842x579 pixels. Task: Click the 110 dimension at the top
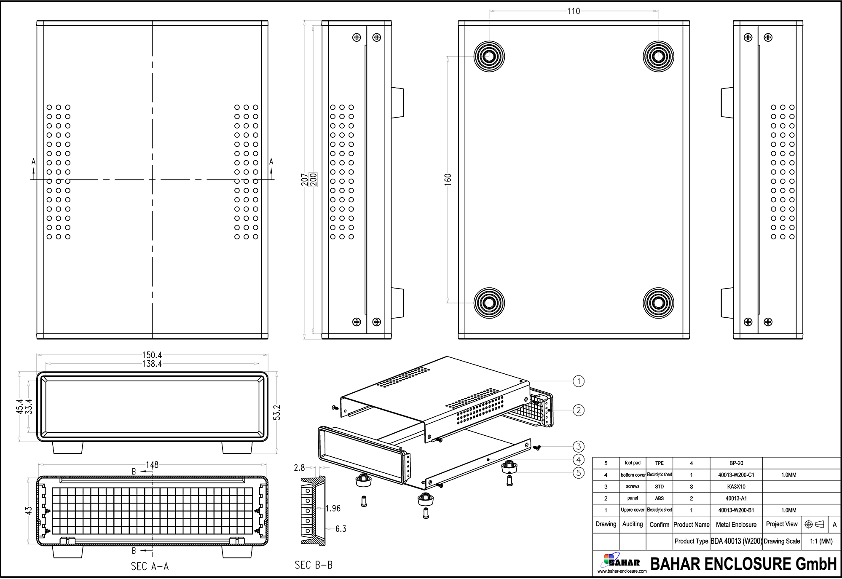click(x=573, y=11)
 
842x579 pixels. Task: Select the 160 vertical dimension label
click(x=448, y=179)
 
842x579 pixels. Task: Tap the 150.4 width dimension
click(x=152, y=355)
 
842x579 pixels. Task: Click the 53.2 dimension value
click(x=277, y=413)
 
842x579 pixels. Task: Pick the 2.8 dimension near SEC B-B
click(x=299, y=467)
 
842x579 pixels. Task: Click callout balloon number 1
click(x=579, y=381)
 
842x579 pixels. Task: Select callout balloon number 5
click(x=579, y=473)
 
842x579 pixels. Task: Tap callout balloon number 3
click(x=579, y=446)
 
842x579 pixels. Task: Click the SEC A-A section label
click(x=150, y=566)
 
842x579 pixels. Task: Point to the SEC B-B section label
click(x=314, y=565)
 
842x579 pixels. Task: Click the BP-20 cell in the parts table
click(x=736, y=463)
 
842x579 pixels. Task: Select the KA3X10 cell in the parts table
click(x=736, y=486)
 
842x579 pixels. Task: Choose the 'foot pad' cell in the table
click(x=633, y=463)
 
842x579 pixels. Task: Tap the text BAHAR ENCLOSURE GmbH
click(x=743, y=564)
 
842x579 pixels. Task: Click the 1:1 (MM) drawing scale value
click(x=821, y=541)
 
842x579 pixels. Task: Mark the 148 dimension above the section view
click(x=152, y=464)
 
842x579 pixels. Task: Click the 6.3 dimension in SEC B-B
click(x=341, y=529)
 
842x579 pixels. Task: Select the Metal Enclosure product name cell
click(x=736, y=525)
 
